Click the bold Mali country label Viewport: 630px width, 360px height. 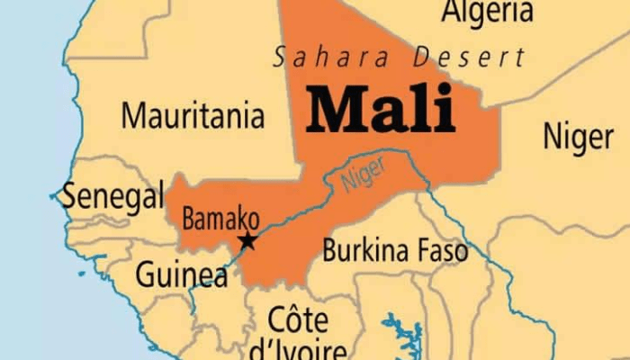pos(381,112)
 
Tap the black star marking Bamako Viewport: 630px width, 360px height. pos(247,240)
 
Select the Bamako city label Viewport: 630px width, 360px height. pos(220,219)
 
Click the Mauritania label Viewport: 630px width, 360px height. pos(193,115)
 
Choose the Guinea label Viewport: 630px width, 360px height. pos(181,274)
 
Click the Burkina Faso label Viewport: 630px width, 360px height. pos(395,250)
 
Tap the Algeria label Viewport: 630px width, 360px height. pos(487,13)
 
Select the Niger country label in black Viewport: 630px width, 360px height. pos(577,137)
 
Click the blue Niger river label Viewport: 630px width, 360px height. pos(363,174)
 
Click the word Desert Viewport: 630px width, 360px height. pos(468,58)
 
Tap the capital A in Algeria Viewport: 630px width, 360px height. pos(453,12)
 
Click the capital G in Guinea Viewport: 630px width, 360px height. pos(146,274)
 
